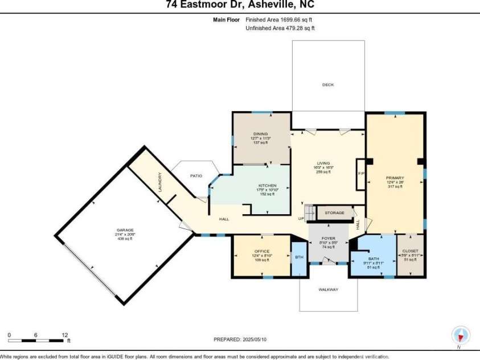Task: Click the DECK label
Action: [328, 85]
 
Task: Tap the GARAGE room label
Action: [125, 230]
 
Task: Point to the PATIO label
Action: [196, 176]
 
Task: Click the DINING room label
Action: [260, 134]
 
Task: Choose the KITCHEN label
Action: [268, 186]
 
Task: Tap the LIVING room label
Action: [323, 163]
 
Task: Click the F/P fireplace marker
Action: [360, 174]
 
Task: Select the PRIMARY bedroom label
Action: [394, 178]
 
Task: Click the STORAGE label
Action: [334, 213]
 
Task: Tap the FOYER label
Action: [328, 238]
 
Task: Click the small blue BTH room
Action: [298, 257]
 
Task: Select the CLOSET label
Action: [410, 251]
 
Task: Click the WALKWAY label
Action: [329, 290]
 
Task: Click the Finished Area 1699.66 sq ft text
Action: [280, 19]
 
